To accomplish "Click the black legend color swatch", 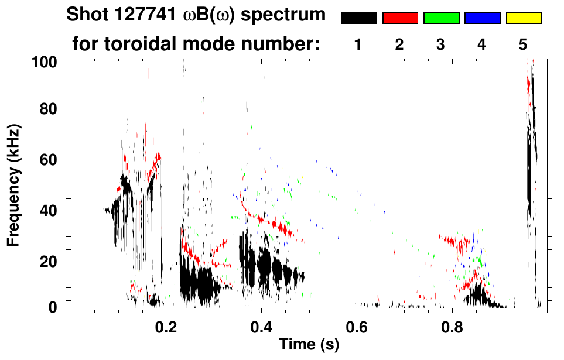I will (x=358, y=18).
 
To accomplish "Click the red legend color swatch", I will (x=400, y=18).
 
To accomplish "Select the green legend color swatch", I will (x=441, y=18).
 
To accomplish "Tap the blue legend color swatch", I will (x=482, y=18).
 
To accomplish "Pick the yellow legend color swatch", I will (x=524, y=18).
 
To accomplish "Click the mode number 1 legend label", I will (x=358, y=44).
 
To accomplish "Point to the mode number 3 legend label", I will (x=440, y=44).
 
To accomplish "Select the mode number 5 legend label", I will (x=523, y=44).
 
